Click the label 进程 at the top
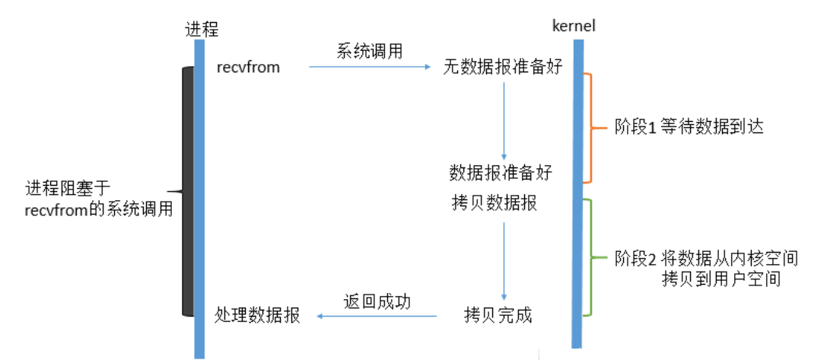pos(202,30)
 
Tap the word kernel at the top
pos(573,26)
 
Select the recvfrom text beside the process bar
pos(248,67)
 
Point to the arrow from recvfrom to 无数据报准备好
pos(370,67)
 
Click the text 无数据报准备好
pos(503,67)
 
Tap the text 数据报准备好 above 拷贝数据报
pos(501,172)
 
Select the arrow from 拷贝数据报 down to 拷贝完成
pos(504,259)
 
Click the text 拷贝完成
pos(498,315)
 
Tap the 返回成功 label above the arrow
pos(377,301)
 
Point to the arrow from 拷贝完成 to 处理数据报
pos(377,316)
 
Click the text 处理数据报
pos(257,315)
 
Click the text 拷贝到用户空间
pos(721,279)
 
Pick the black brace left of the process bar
pos(185,191)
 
